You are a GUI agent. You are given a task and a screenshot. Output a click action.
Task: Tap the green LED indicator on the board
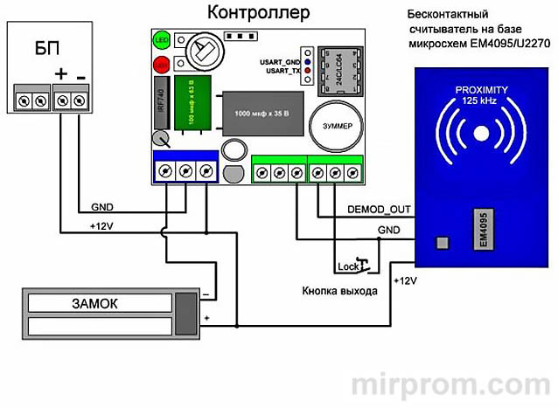tap(162, 40)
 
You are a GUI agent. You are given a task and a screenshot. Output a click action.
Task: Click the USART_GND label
tap(275, 62)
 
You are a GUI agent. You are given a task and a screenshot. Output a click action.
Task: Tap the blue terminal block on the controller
tap(185, 170)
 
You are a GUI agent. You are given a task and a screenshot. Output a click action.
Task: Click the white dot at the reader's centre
tap(480, 134)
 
